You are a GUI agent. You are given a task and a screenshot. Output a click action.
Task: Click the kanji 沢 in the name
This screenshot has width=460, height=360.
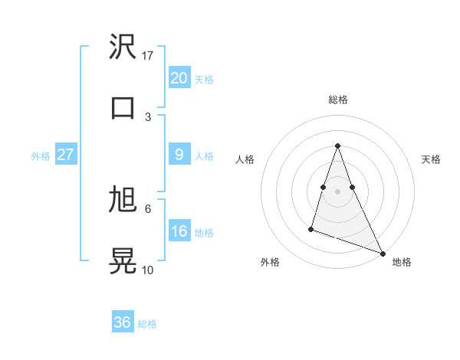point(123,47)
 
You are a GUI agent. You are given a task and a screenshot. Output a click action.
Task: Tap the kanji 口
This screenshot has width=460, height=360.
point(123,107)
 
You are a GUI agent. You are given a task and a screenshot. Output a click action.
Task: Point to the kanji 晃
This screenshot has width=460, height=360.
point(123,259)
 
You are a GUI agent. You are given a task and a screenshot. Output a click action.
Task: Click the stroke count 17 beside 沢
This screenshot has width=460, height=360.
point(148,56)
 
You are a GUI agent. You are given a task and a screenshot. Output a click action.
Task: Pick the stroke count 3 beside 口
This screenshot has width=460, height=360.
point(148,116)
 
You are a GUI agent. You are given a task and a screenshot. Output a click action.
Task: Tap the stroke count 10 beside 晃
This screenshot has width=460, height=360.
point(148,270)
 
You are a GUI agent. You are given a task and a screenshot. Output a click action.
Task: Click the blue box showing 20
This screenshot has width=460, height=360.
point(179,78)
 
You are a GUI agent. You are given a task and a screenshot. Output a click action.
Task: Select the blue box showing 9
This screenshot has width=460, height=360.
point(179,155)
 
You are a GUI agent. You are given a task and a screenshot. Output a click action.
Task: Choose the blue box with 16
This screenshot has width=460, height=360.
point(179,231)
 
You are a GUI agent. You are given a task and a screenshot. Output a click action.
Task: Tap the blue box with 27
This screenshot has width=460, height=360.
point(65,155)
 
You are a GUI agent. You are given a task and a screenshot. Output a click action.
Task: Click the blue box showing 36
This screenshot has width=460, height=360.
point(122,322)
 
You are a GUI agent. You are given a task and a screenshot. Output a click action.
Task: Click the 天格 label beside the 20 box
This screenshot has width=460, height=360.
point(203,80)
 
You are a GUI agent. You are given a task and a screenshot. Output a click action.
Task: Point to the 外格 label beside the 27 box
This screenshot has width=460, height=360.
point(41,156)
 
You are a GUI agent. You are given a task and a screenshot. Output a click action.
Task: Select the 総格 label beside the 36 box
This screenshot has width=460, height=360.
point(147,324)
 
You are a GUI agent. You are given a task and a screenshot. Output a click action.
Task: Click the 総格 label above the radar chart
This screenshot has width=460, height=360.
point(337,100)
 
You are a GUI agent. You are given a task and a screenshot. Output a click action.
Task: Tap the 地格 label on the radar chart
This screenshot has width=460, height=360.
point(402,262)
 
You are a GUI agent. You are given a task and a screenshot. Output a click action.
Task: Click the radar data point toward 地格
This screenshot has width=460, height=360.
point(382,253)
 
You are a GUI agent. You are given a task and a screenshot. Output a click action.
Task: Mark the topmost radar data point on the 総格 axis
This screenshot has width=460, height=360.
point(337,146)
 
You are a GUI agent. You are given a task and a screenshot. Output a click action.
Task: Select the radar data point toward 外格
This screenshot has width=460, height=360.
point(311,228)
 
